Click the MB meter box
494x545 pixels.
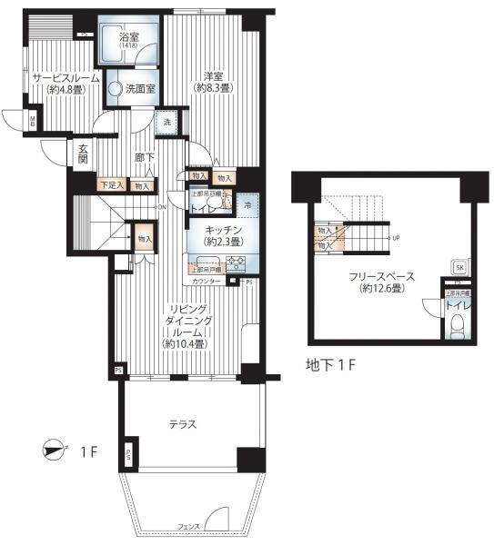click(34, 121)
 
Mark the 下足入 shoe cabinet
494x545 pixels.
click(111, 185)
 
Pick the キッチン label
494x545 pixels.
click(223, 234)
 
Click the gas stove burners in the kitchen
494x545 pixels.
click(237, 264)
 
